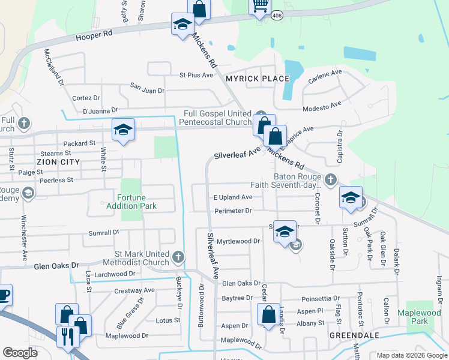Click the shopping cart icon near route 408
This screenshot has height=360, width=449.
pyautogui.click(x=259, y=6)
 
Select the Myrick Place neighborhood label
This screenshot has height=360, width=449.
pyautogui.click(x=257, y=79)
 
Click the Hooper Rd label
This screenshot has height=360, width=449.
pyautogui.click(x=94, y=36)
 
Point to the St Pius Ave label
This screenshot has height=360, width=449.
pyautogui.click(x=196, y=75)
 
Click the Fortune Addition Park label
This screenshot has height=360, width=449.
pyautogui.click(x=131, y=202)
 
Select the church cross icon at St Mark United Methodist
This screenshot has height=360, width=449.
pyautogui.click(x=178, y=257)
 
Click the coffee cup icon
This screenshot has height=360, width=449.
pyautogui.click(x=3, y=295)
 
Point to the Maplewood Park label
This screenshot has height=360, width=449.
pyautogui.click(x=420, y=317)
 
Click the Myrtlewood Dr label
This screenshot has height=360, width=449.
pyautogui.click(x=238, y=241)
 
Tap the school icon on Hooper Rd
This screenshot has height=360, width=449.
pyautogui.click(x=182, y=24)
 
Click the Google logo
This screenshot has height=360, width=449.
pyautogui.click(x=20, y=353)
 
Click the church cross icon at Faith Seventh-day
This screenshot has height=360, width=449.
pyautogui.click(x=330, y=179)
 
